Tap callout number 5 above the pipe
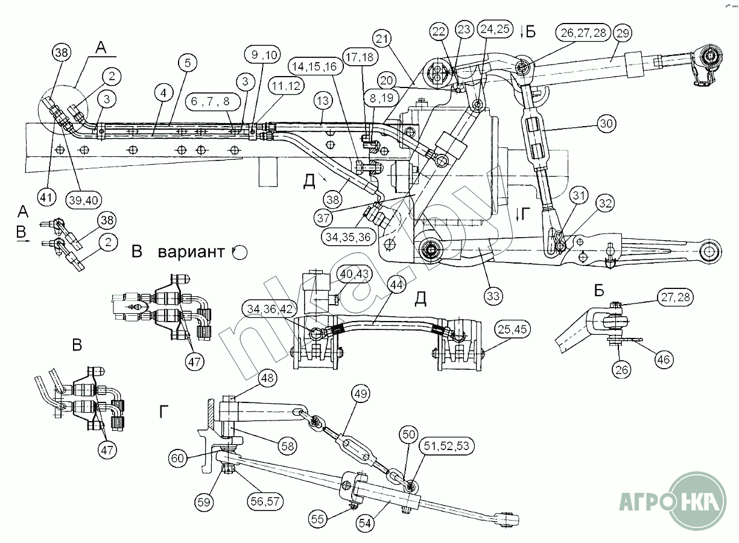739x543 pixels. pos(188,62)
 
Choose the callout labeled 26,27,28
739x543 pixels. pos(585,33)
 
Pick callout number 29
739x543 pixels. pos(623,34)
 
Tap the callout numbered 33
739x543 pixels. pos(493,296)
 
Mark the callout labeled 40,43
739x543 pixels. pos(355,273)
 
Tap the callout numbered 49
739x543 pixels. pos(361,395)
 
